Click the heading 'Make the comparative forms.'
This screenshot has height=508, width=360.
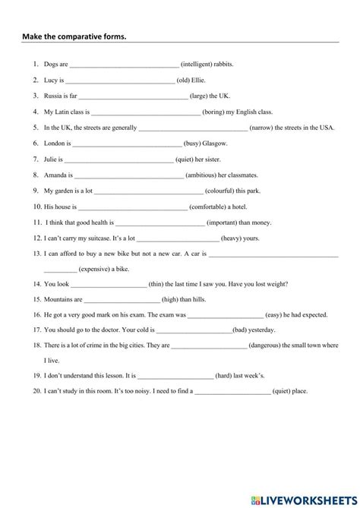pyautogui.click(x=74, y=37)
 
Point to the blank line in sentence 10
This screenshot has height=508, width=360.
pyautogui.click(x=132, y=207)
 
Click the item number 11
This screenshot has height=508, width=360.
pyautogui.click(x=36, y=222)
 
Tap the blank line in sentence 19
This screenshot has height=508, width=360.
pyautogui.click(x=175, y=375)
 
